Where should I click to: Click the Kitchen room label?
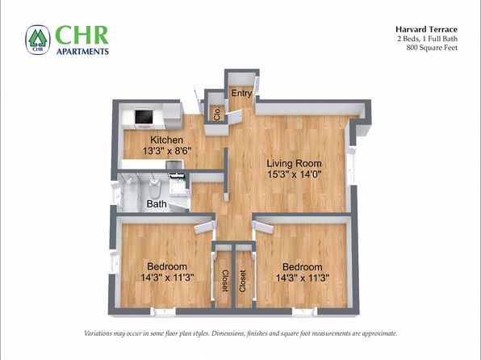(166, 140)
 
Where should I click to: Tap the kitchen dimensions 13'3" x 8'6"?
(166, 151)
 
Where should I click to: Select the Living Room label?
(294, 163)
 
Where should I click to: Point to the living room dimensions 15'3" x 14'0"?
(294, 174)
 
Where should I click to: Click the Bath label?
(157, 203)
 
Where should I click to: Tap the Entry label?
(241, 93)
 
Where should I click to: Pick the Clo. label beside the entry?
(217, 114)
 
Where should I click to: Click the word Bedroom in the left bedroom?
(167, 266)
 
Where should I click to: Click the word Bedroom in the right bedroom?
(302, 266)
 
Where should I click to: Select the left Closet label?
(225, 281)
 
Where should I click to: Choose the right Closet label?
(243, 281)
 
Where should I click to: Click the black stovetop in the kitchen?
(144, 116)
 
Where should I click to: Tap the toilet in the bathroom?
(154, 188)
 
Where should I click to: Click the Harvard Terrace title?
(426, 30)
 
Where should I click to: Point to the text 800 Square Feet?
(432, 48)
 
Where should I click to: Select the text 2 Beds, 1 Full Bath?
(428, 39)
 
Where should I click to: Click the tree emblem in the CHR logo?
(37, 39)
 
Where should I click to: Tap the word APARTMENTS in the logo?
(82, 51)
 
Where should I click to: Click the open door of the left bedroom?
(204, 227)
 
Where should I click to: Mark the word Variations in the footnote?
(98, 333)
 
